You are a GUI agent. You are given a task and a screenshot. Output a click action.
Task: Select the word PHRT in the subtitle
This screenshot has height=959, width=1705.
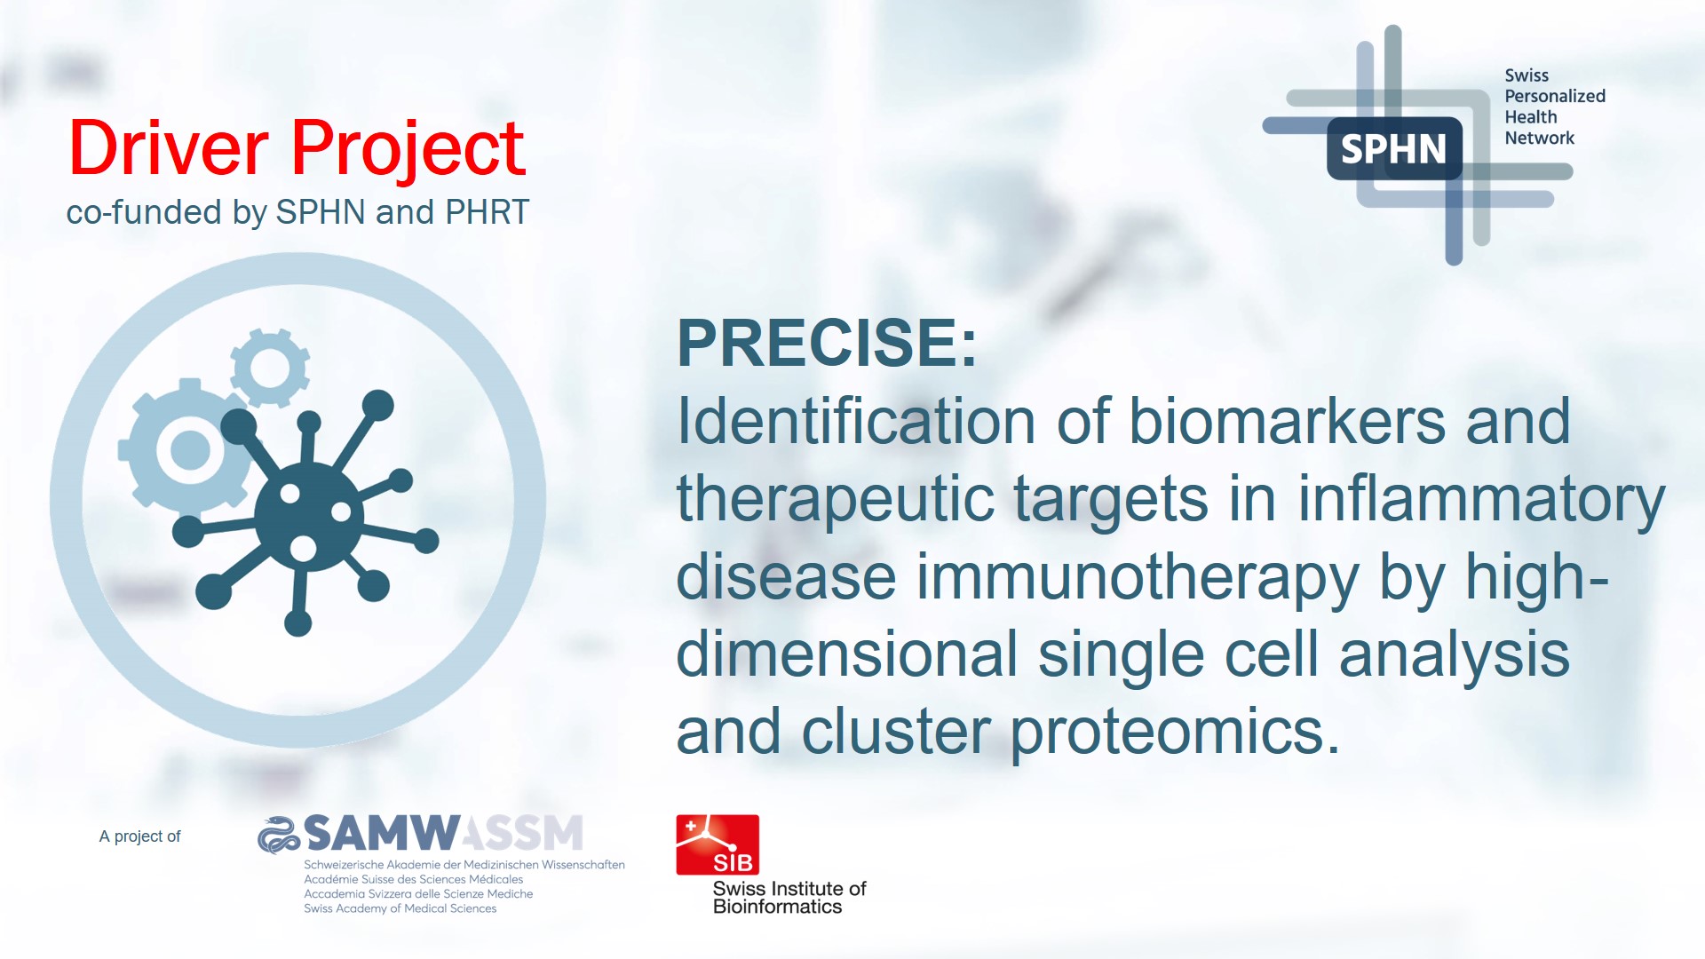pos(488,212)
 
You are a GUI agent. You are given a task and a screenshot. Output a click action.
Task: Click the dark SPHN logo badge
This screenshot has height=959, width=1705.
pos(1394,148)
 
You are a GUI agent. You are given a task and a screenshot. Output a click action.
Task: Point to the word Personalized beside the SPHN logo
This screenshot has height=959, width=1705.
pos(1555,96)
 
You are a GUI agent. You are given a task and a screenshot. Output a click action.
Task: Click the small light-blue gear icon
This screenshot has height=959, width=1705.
pos(269,368)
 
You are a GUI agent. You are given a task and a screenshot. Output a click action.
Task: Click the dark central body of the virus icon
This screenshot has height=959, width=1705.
pos(308,516)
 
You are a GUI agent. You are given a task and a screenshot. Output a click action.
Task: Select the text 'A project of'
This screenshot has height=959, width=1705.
pos(139,836)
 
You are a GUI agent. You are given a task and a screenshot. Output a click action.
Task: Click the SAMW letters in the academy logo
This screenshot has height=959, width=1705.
pos(383,834)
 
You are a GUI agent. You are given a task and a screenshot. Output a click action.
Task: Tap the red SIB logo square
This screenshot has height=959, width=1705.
pos(718,844)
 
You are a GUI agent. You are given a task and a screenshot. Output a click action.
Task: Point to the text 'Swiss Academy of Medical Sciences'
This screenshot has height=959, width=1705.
pos(400,908)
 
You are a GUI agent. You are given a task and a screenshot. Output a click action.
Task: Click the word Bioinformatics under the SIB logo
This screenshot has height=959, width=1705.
pos(777,907)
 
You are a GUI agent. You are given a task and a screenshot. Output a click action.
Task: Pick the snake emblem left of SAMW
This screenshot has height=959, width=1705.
pos(280,835)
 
